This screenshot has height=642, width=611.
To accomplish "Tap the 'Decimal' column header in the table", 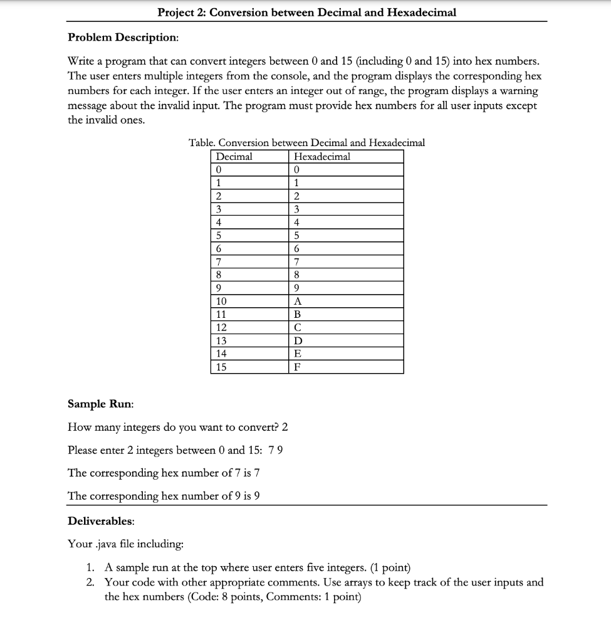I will pos(234,157).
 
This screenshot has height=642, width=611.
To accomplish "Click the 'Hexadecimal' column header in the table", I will pos(322,157).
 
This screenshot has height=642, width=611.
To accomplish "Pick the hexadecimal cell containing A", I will pos(298,300).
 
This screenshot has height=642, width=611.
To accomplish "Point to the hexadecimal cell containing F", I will pos(298,367).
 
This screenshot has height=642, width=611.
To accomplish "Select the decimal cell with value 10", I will pos(221,300).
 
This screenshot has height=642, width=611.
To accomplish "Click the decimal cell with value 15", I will pos(221,367).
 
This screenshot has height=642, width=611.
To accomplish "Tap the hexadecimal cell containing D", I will pos(298,340).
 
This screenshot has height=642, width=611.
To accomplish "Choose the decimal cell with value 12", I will pos(221,327).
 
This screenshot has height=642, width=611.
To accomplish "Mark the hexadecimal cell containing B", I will pos(298,313).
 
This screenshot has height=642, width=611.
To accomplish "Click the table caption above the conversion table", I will pos(306,143).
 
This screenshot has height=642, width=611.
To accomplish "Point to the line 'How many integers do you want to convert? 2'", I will pos(177,428).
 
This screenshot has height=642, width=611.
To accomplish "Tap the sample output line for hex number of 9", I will pos(164,495).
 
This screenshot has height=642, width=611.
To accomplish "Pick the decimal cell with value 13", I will pos(221,340).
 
